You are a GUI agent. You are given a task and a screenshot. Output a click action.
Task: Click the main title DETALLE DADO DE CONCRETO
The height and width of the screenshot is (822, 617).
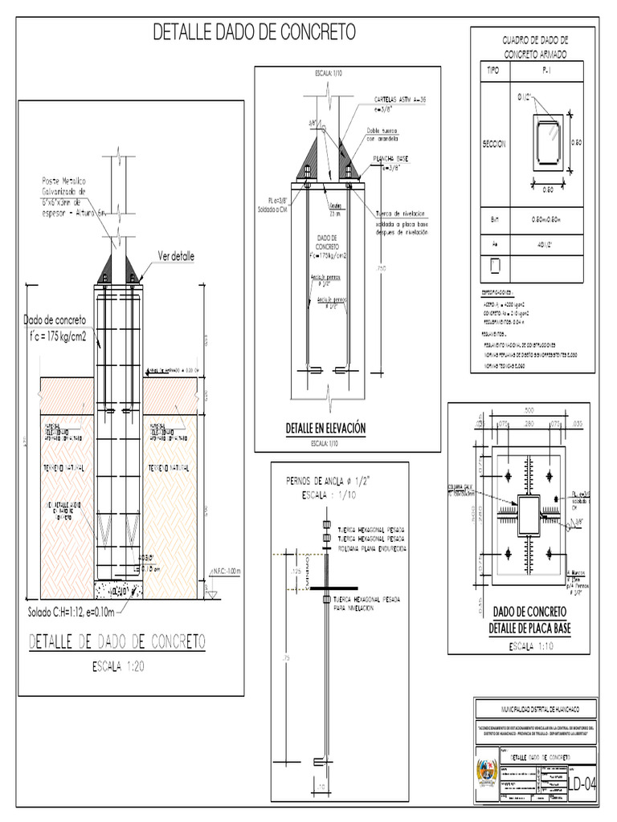[254, 33]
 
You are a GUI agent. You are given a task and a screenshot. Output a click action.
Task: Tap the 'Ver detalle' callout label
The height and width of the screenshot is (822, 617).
[177, 256]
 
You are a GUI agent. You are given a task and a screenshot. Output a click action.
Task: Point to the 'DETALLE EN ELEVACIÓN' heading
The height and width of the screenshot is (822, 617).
[325, 429]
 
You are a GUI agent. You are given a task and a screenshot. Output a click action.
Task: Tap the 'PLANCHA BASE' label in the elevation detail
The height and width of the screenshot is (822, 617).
[390, 159]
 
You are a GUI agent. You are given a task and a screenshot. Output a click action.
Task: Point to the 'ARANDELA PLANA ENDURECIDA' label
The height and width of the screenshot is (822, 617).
[371, 548]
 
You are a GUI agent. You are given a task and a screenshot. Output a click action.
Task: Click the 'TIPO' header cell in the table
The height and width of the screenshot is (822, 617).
[492, 71]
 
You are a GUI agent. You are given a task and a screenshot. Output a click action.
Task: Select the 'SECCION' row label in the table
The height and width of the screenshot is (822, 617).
[493, 144]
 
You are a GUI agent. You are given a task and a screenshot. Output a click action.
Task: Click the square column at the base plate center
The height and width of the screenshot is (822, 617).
[528, 512]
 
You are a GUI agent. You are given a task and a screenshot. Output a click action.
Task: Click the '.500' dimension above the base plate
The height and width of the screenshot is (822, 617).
[528, 410]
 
